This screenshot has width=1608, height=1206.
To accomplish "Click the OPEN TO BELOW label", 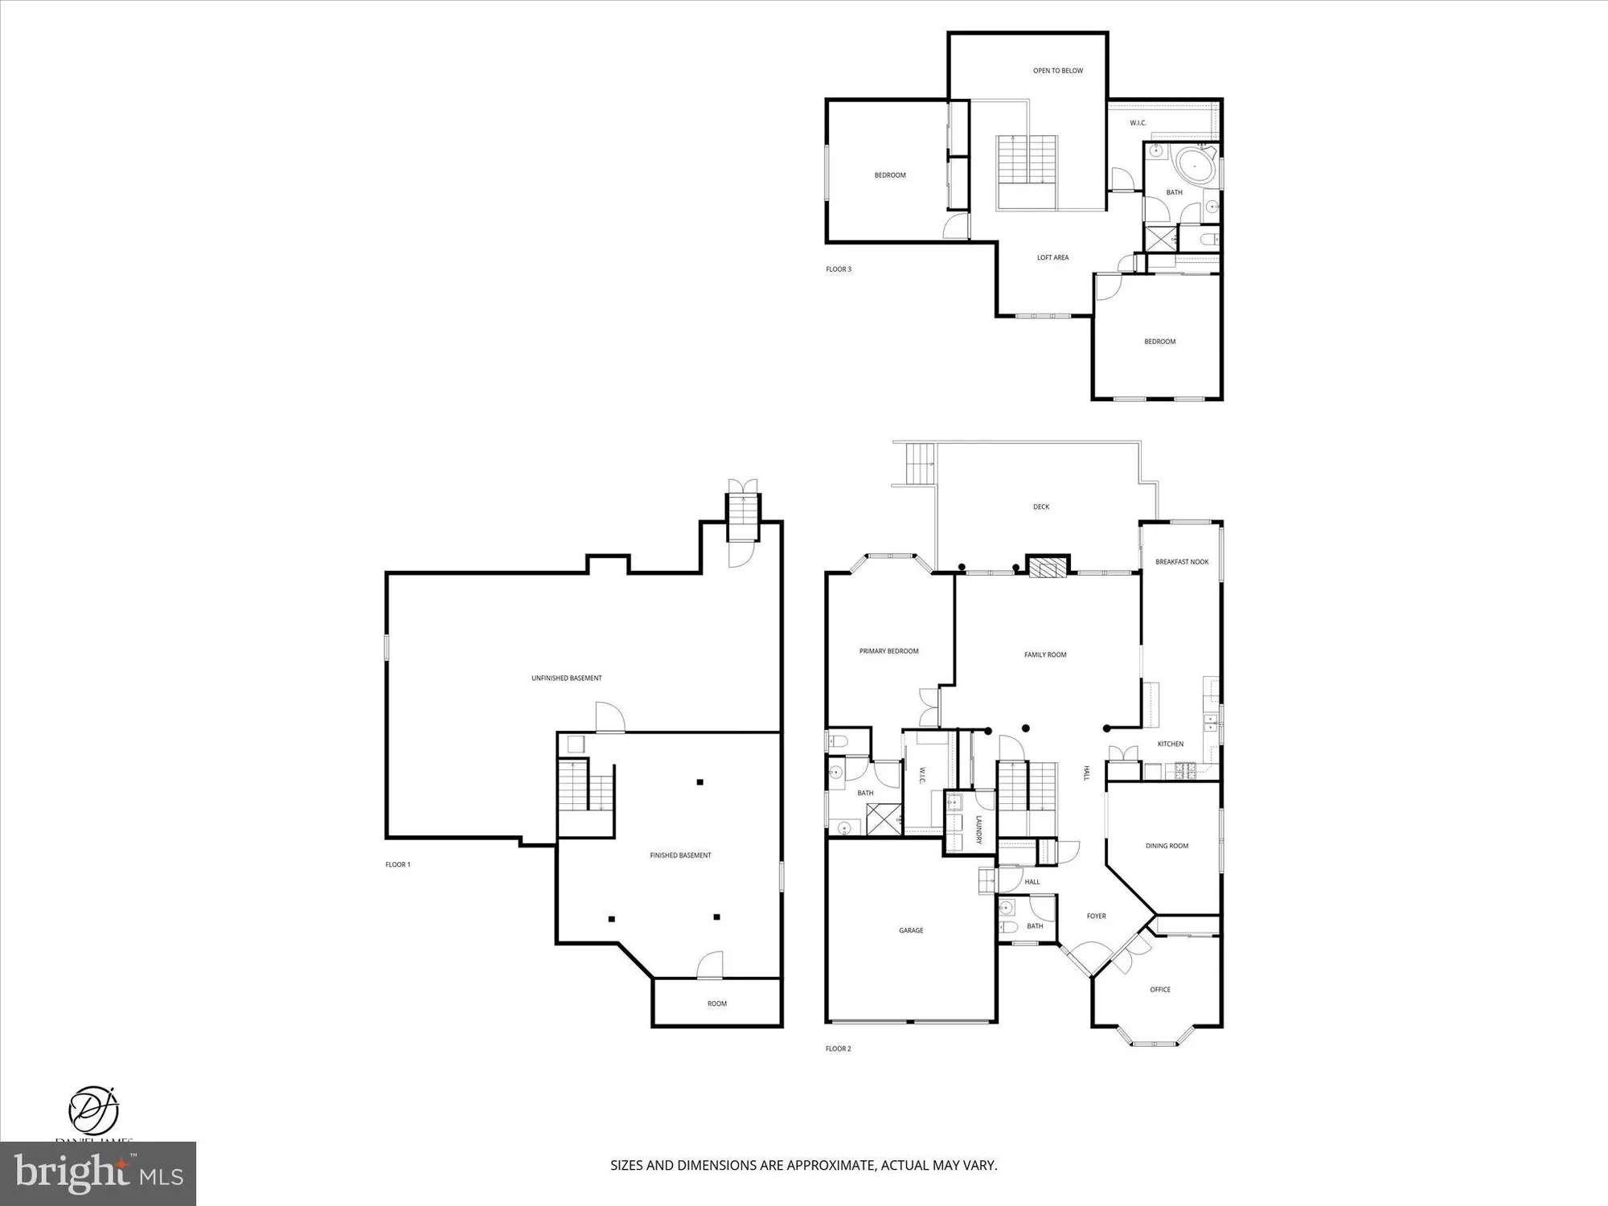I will (x=1057, y=71).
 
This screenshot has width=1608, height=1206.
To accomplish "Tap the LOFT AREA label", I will (x=1052, y=257).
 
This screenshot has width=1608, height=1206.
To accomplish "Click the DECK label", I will (x=1040, y=507).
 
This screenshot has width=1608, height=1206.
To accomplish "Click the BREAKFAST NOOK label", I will (x=1181, y=562).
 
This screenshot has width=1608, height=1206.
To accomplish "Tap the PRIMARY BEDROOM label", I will (x=888, y=651).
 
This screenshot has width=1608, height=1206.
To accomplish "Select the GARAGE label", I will (x=910, y=930).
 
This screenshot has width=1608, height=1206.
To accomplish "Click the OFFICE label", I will (x=1159, y=990).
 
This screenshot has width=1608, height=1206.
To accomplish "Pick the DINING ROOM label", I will (x=1166, y=846).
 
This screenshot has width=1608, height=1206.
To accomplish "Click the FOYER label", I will (x=1096, y=916).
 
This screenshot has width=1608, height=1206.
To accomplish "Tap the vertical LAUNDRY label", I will (x=978, y=830).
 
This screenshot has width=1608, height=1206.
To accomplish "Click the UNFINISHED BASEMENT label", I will (x=566, y=678).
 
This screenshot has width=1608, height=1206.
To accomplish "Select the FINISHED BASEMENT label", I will (x=680, y=855).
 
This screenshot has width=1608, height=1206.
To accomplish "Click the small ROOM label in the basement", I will (x=716, y=1003).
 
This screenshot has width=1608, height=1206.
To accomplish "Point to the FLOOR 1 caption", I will (x=397, y=865).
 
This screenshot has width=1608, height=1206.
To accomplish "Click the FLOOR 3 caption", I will (x=838, y=269).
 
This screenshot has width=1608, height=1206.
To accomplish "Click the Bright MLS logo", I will (x=97, y=1173).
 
